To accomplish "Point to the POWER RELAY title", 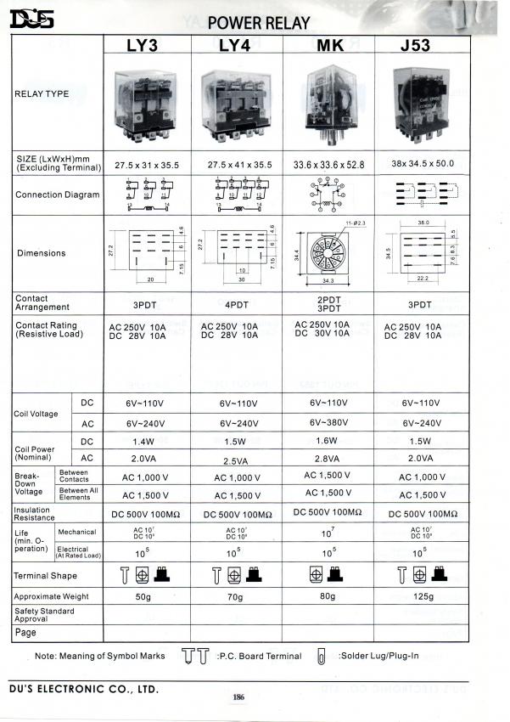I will pos(258,23).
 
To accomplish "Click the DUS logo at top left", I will pos(31,19).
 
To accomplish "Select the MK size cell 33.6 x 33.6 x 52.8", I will pos(328,165).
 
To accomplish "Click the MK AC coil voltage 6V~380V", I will pos(328,422).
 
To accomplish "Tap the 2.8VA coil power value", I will pos(328,458).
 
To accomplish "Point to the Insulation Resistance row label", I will pos(36,514).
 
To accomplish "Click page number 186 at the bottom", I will pos(238,697).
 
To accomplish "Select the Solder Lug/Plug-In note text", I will pos(378,656).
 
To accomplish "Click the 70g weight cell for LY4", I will pos(235,596).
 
